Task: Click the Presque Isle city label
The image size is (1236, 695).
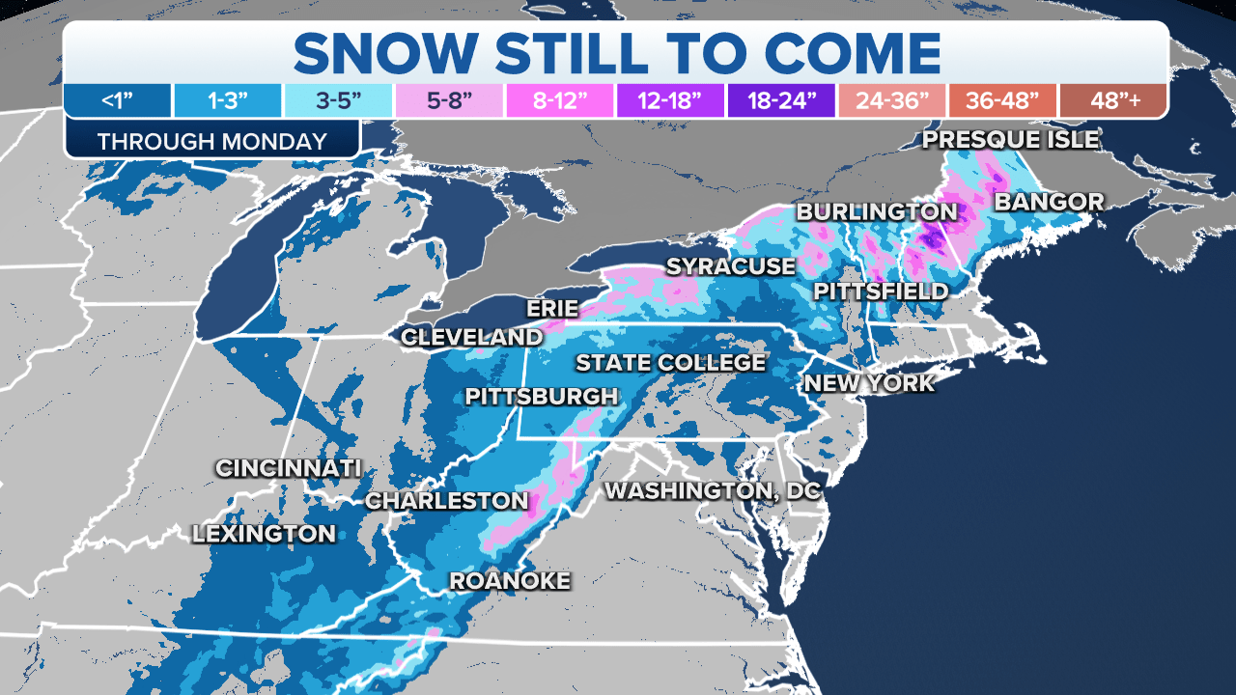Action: pos(1010,140)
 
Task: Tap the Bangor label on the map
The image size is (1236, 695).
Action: pos(1049,202)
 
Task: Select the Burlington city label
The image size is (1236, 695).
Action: pos(876,211)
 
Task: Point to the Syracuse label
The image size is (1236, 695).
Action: pos(731,265)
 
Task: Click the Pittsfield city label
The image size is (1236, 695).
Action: pos(881,291)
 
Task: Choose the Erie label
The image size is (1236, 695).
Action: pos(552,309)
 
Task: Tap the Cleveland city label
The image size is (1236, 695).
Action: pos(471,337)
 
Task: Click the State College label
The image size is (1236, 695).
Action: pos(670,363)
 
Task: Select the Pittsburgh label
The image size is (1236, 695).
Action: pos(541,396)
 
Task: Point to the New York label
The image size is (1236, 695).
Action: pos(869,383)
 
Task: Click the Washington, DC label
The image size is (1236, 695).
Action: pos(712,490)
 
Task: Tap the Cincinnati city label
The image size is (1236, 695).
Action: pos(288,468)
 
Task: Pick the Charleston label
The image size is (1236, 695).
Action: pos(446,501)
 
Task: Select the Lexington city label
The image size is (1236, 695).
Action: pos(264,533)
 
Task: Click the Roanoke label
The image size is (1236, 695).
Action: pos(510,580)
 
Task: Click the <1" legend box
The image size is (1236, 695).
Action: pos(118,100)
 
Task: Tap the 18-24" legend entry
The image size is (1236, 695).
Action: pos(780,100)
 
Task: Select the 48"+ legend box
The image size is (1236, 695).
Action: pos(1112,100)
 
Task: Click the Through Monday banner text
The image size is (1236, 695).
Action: pos(211,141)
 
